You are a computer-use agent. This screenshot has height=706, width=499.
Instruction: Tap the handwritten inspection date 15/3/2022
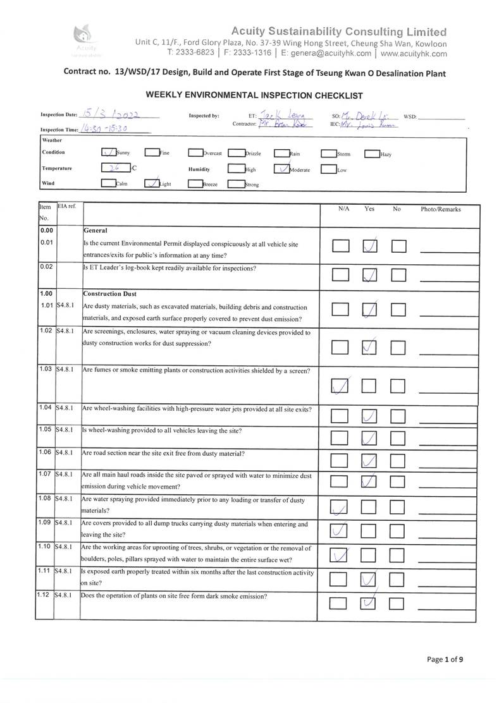[x=111, y=114]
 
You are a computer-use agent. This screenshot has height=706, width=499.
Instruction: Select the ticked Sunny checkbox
[x=109, y=152]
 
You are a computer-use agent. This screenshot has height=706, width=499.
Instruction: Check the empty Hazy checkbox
[x=372, y=154]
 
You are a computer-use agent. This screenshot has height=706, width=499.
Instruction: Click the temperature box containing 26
[x=115, y=169]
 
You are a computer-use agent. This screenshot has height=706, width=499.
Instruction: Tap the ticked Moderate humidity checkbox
[x=281, y=169]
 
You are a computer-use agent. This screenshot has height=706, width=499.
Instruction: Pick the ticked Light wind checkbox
[x=152, y=183]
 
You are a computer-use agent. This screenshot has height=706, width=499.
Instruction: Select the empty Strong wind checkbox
[x=235, y=185]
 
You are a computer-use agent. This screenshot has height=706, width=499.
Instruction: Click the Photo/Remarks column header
[x=441, y=209]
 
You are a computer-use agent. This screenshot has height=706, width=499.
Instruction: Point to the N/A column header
[x=344, y=209]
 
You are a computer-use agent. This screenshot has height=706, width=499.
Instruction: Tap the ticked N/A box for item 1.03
[x=340, y=385]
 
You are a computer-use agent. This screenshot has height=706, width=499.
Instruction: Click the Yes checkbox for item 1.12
[x=368, y=603]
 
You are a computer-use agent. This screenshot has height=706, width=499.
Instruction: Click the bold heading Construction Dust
[x=110, y=294]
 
